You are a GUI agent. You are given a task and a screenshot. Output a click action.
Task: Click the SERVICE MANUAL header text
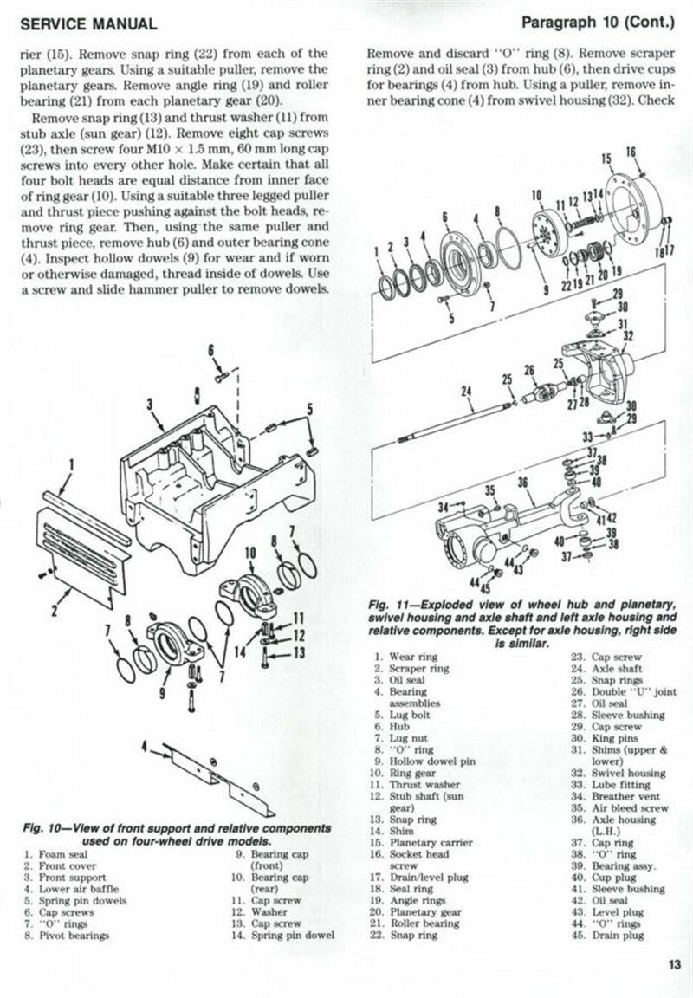click(x=87, y=24)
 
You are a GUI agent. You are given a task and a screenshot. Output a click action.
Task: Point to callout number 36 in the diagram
click(x=522, y=483)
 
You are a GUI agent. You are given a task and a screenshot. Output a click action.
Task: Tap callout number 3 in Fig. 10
click(x=149, y=404)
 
